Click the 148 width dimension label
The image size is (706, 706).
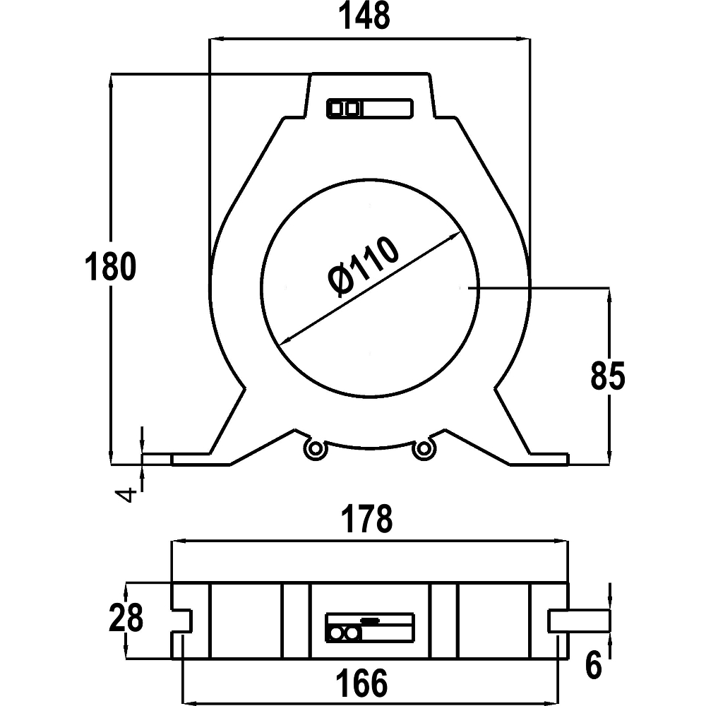tap(364, 17)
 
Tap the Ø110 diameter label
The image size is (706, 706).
tap(364, 270)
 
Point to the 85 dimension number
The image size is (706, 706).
tap(608, 376)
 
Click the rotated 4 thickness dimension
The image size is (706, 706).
tap(127, 494)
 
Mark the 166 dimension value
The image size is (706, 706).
tap(368, 683)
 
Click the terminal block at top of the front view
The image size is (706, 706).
tap(369, 109)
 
